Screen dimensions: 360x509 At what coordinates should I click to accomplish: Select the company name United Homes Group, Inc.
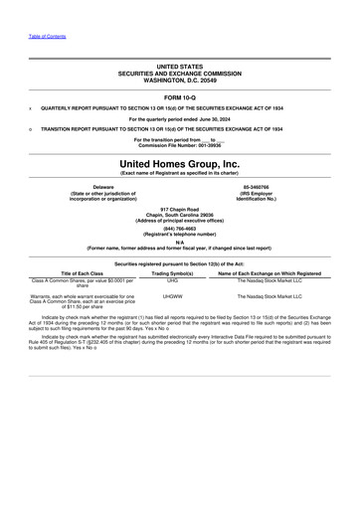[x=179, y=163]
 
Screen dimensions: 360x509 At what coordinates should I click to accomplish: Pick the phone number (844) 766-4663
[x=179, y=228]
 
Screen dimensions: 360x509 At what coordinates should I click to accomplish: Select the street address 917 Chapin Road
[x=179, y=209]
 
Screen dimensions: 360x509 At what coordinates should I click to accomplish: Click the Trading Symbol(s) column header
[x=172, y=272]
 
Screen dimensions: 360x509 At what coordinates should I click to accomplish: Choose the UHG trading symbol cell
[x=172, y=281]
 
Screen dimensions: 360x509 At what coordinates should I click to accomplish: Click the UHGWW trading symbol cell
[x=172, y=296]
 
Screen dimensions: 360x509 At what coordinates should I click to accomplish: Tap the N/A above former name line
[x=179, y=240]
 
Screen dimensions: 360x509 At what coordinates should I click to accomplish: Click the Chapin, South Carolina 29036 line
[x=179, y=215]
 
